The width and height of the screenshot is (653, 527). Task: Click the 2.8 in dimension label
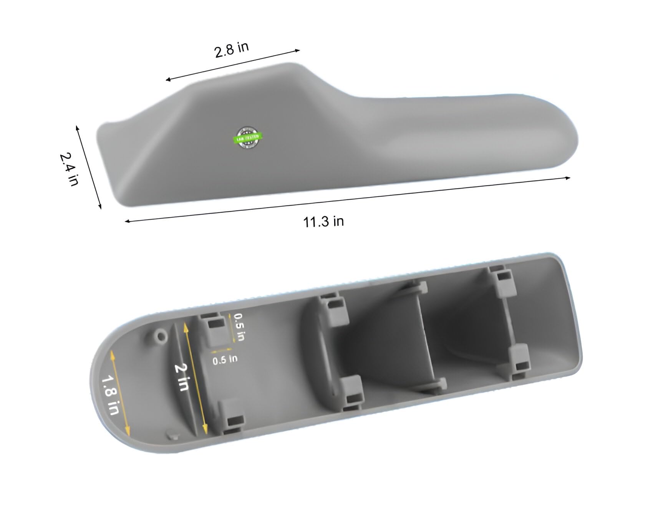click(x=232, y=50)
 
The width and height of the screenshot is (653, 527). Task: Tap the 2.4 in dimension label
click(x=70, y=169)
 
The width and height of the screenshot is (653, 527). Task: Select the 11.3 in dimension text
click(x=323, y=222)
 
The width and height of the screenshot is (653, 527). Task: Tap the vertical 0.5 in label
click(x=239, y=327)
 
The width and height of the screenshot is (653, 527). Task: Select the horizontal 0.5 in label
click(x=225, y=360)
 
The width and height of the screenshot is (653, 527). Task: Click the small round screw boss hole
click(x=160, y=337)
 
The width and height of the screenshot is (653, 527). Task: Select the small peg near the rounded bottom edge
click(x=172, y=436)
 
